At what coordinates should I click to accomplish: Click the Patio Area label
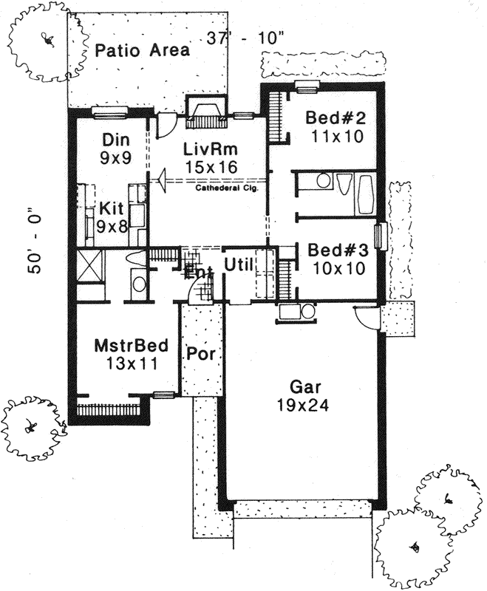pyautogui.click(x=142, y=50)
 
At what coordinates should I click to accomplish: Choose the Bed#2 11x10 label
pyautogui.click(x=336, y=127)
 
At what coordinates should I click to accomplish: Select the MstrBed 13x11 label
pyautogui.click(x=131, y=354)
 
